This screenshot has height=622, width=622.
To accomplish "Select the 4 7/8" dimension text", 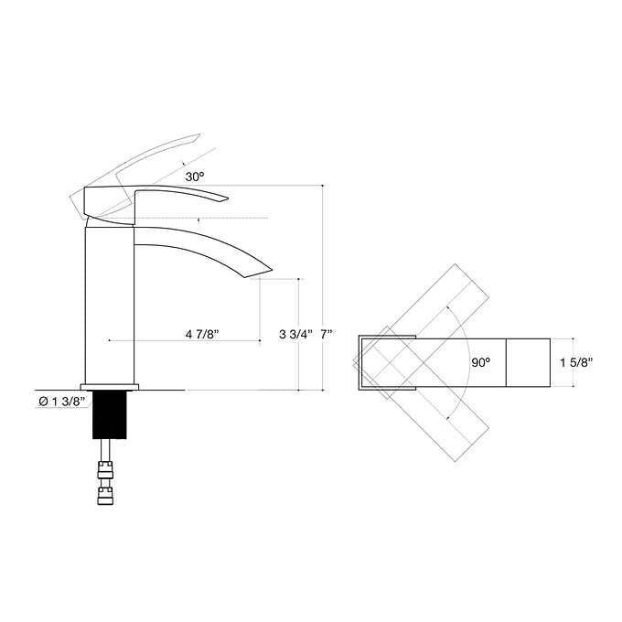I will click(x=201, y=334).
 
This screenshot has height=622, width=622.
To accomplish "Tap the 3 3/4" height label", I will click(x=295, y=334).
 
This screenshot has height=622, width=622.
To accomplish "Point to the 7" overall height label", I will click(x=327, y=334).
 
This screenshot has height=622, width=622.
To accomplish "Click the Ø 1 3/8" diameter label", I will click(x=62, y=400).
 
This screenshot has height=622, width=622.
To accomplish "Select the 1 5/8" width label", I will click(x=576, y=362).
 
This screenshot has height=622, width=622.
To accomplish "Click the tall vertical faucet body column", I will click(x=109, y=302).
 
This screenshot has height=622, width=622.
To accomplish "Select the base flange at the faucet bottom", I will click(x=109, y=385).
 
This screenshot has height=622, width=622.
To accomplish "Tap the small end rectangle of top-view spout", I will click(x=528, y=362).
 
